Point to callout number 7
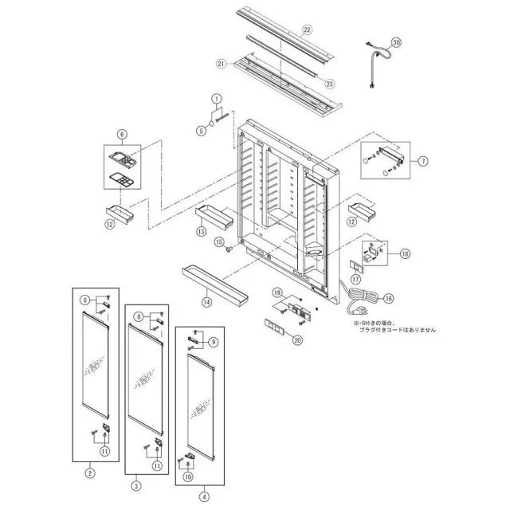(x=423, y=160)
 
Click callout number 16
(x=389, y=299)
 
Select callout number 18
(x=406, y=254)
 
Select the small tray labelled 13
(x=214, y=216)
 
